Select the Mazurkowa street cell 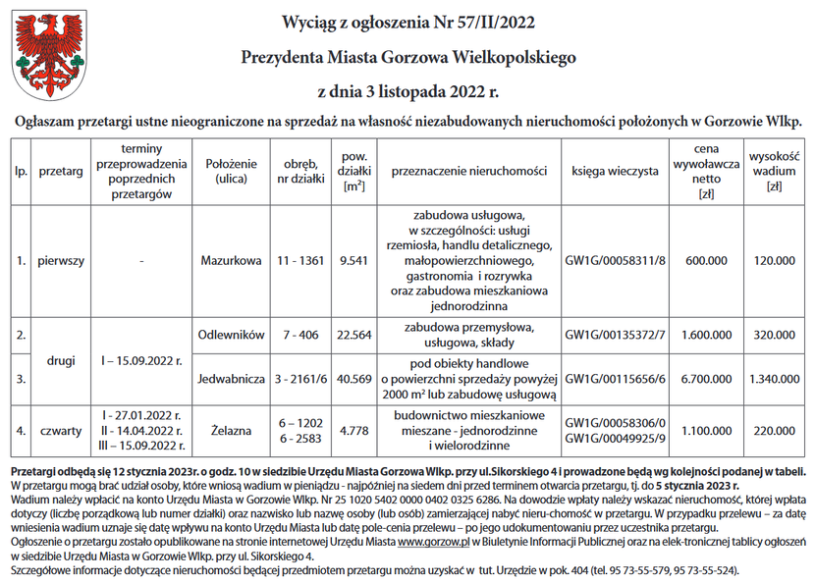pos(231,261)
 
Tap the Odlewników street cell pos(231,335)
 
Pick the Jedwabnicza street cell pos(231,378)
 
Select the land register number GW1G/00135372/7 pos(616,335)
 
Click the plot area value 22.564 pos(353,335)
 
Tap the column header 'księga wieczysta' pos(616,171)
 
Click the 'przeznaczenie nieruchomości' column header pos(468,171)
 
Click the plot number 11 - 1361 pos(299,261)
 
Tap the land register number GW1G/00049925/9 pos(616,437)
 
